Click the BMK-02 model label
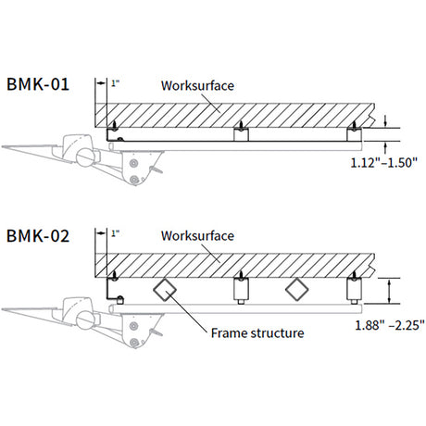coord(36,235)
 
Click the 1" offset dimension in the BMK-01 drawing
coord(115,84)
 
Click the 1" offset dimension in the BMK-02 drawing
coord(115,233)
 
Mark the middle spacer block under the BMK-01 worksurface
coord(241,135)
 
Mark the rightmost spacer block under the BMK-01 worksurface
coord(353,135)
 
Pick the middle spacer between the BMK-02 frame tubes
coord(241,294)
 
